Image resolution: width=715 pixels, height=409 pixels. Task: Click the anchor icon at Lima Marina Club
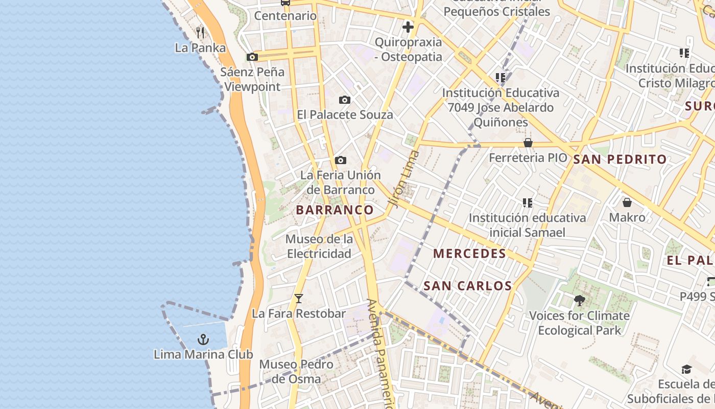203,339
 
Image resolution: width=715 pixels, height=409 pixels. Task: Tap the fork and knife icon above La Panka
200,33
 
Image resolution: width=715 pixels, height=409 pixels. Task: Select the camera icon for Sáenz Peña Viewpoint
252,57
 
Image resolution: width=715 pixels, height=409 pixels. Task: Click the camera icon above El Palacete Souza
345,100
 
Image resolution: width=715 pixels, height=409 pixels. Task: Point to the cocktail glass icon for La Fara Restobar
299,298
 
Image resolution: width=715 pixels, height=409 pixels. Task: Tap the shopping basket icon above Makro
627,202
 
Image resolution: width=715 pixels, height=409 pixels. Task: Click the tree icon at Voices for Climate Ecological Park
579,300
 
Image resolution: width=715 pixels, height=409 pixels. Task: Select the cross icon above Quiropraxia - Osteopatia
408,27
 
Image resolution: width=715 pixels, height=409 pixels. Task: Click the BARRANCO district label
335,210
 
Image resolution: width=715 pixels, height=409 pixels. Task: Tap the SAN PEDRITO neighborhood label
619,159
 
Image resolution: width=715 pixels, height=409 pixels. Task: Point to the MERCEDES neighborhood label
469,254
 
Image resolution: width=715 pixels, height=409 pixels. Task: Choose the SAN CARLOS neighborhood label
468,286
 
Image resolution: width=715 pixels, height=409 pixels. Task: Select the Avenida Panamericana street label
380,353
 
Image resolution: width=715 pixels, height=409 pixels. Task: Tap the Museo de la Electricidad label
319,246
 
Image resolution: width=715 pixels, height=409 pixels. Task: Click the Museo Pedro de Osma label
296,372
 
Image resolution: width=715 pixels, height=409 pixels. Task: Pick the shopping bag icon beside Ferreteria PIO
528,143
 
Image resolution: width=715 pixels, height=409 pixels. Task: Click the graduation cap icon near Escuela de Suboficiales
686,370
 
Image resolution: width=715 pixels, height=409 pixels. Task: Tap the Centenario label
285,16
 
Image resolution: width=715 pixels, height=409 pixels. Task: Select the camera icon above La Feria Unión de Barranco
341,160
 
